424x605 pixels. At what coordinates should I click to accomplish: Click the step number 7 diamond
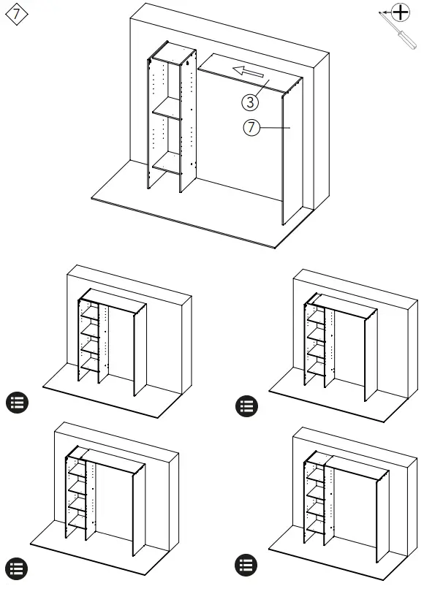(x=16, y=15)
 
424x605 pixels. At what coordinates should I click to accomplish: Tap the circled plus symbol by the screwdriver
(x=401, y=12)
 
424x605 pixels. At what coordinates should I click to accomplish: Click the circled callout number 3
(x=250, y=102)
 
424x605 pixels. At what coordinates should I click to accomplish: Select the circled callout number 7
(x=251, y=127)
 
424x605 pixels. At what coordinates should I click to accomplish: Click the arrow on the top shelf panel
(x=248, y=72)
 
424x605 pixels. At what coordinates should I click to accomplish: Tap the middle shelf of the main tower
(x=167, y=108)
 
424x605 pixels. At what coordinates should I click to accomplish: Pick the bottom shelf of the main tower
(x=167, y=163)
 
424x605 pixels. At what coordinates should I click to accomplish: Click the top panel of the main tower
(x=173, y=53)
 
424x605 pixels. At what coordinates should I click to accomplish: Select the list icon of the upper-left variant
(x=17, y=403)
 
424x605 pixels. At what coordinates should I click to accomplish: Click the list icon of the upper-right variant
(x=246, y=406)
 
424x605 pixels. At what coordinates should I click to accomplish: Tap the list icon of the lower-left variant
(x=16, y=568)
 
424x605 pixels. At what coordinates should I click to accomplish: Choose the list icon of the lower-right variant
(x=246, y=565)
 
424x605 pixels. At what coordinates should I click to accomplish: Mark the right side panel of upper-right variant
(x=371, y=356)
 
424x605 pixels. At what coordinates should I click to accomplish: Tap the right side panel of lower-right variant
(x=382, y=517)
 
